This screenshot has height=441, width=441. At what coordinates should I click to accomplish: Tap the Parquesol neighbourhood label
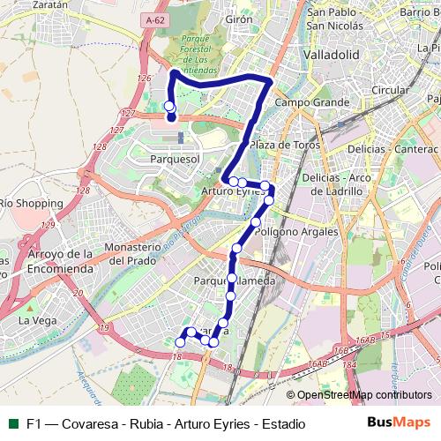[176, 159]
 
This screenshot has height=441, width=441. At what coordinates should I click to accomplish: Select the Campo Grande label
[300, 102]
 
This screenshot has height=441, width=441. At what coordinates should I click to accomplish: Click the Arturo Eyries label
[233, 191]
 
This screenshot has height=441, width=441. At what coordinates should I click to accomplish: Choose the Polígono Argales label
[296, 231]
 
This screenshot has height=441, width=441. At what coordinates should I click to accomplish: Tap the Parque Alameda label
[235, 280]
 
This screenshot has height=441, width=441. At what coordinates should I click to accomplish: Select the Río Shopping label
[31, 203]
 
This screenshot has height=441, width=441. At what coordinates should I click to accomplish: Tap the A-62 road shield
[154, 18]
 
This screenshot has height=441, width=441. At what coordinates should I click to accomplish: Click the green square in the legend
[12, 423]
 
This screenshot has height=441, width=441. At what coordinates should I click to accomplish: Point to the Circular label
[390, 90]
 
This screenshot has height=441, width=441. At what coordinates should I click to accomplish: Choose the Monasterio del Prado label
[137, 253]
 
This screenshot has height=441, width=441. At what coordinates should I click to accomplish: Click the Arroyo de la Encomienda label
[60, 261]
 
